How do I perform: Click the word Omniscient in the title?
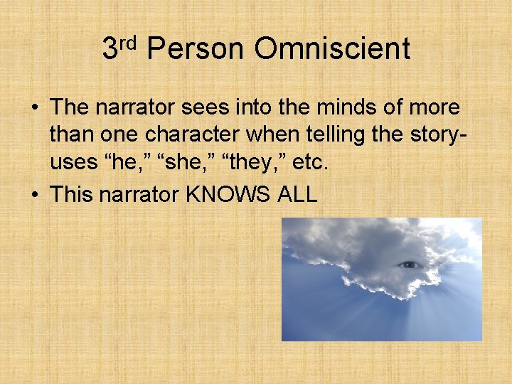pos(332,49)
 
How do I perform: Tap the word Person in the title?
pos(194,49)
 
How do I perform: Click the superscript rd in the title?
pos(127,42)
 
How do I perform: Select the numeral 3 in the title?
pos(110,49)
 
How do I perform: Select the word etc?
pos(310,163)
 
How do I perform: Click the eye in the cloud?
pos(410,265)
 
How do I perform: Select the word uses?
pos(74,163)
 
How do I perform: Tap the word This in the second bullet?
pos(73,194)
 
